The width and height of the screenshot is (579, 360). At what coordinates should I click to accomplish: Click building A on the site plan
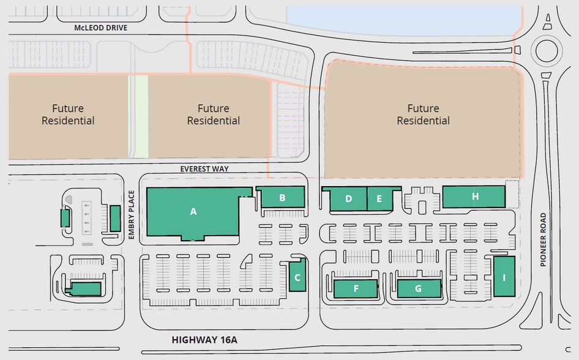pyautogui.click(x=193, y=212)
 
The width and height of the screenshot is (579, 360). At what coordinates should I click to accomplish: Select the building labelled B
pyautogui.click(x=282, y=197)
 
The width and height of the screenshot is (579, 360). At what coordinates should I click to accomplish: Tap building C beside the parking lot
pyautogui.click(x=297, y=276)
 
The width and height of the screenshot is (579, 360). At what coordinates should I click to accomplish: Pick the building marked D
pyautogui.click(x=348, y=199)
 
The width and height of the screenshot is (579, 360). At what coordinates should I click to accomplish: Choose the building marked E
pyautogui.click(x=379, y=199)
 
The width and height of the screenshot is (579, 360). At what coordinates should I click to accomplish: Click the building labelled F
pyautogui.click(x=356, y=288)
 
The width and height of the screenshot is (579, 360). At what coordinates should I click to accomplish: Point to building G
pyautogui.click(x=419, y=288)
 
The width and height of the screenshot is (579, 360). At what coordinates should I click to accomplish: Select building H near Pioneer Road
pyautogui.click(x=474, y=197)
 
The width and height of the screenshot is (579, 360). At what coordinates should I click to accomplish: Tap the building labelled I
pyautogui.click(x=504, y=277)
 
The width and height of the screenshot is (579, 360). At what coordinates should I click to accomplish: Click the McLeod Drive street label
pyautogui.click(x=100, y=28)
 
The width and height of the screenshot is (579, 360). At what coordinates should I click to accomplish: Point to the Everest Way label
pyautogui.click(x=203, y=168)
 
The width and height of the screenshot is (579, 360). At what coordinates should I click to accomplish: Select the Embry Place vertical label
pyautogui.click(x=132, y=214)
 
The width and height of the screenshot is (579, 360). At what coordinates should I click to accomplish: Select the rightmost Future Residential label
pyautogui.click(x=423, y=114)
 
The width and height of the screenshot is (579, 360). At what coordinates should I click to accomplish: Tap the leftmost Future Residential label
pyautogui.click(x=68, y=114)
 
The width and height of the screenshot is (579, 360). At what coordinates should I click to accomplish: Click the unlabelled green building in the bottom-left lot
pyautogui.click(x=86, y=289)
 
